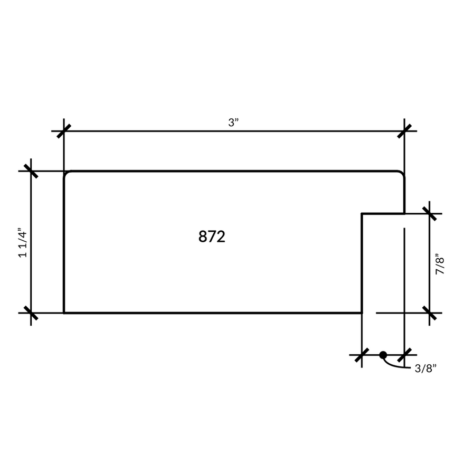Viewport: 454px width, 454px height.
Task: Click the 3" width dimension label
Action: [x=233, y=122]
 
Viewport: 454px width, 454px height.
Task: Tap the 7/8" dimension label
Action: [x=440, y=264]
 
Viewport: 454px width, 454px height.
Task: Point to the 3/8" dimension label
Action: [x=425, y=368]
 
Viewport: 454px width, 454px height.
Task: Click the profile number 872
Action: [x=212, y=237]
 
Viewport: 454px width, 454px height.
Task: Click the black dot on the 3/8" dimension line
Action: [x=383, y=355]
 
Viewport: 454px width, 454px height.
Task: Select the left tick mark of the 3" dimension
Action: [x=64, y=131]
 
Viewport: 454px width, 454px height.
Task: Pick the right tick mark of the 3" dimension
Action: [x=404, y=131]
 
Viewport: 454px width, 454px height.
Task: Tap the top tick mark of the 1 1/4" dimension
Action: [x=31, y=171]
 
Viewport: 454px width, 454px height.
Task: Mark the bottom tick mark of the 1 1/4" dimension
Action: [x=31, y=313]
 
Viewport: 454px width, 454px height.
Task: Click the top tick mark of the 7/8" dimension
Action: [x=429, y=214]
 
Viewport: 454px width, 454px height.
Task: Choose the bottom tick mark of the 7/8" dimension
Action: [x=429, y=313]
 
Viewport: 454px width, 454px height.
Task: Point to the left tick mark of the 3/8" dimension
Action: [x=362, y=355]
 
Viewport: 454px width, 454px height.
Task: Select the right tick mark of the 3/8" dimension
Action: [x=404, y=355]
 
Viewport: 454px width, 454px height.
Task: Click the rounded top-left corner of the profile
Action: [x=66, y=173]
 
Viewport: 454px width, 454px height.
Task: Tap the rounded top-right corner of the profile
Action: [x=402, y=173]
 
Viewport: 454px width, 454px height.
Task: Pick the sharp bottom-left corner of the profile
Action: [x=64, y=313]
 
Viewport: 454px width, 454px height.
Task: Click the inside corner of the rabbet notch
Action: [x=362, y=214]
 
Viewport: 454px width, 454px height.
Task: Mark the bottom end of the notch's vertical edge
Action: [x=362, y=313]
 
